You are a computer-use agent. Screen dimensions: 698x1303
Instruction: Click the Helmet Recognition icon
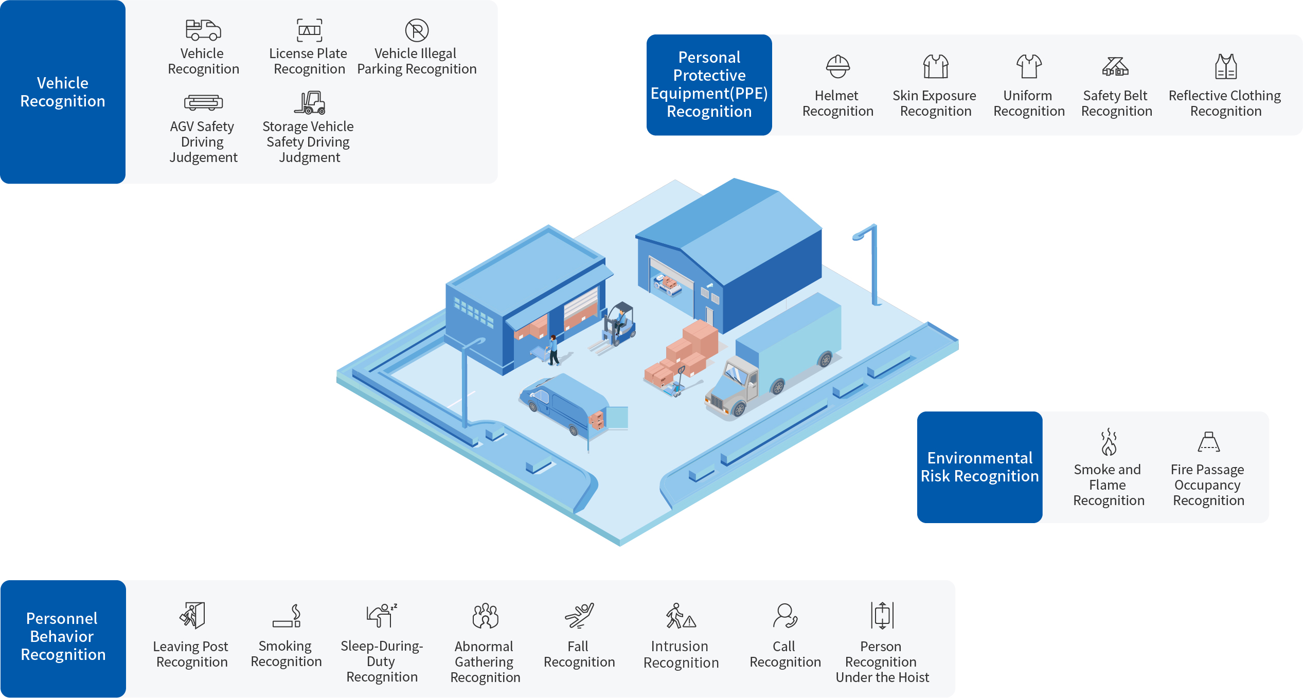[837, 66]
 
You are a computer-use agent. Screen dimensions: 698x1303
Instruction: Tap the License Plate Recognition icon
[309, 30]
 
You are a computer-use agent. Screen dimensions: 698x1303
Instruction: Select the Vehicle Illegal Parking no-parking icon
[417, 30]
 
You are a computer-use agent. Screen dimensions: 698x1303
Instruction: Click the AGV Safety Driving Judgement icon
[203, 103]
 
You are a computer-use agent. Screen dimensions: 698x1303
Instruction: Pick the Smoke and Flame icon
[1109, 442]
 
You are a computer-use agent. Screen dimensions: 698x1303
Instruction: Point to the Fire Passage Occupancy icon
[1208, 442]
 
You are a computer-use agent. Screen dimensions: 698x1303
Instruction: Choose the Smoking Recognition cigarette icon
[287, 616]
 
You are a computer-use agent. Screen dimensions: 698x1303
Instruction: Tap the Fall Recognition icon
[579, 616]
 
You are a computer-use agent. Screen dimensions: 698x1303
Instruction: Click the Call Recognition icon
[784, 616]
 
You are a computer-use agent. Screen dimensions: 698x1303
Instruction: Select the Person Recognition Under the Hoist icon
[882, 615]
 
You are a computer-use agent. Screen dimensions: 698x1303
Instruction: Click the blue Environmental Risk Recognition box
[979, 467]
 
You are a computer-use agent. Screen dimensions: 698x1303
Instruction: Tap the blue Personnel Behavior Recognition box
[63, 637]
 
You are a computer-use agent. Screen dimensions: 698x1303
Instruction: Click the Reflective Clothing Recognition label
[1225, 103]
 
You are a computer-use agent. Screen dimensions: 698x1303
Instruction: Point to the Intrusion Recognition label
[681, 654]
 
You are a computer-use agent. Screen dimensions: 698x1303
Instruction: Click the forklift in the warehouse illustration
[619, 326]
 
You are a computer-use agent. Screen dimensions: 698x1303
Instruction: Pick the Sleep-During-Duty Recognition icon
[381, 615]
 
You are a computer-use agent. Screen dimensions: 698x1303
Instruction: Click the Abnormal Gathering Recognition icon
[485, 616]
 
